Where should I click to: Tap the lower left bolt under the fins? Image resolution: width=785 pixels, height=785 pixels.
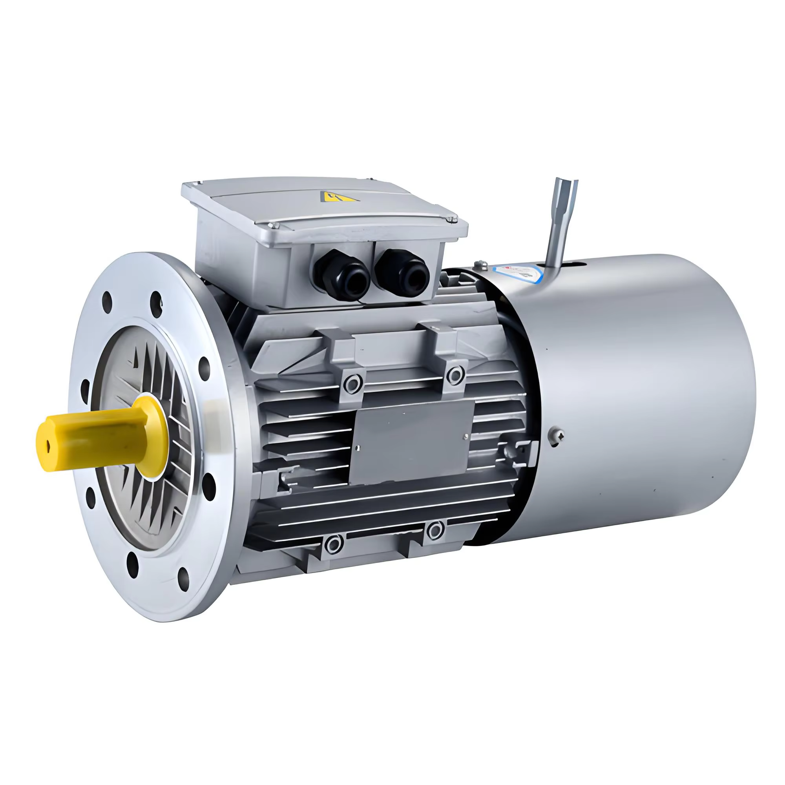click(333, 543)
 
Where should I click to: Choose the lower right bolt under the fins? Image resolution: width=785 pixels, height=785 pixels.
click(435, 530)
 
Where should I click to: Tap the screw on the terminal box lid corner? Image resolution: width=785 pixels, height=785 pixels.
click(450, 220)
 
